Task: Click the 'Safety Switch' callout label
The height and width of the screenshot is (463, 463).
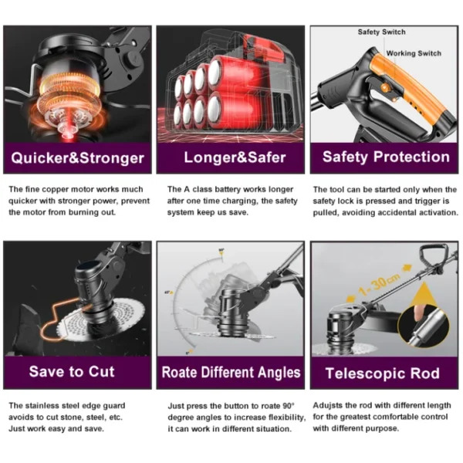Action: point(381,32)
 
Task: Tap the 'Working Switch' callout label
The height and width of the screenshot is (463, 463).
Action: point(414,53)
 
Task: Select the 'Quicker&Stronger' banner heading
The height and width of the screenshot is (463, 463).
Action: point(78,158)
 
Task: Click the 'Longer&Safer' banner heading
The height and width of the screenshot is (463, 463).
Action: point(235,157)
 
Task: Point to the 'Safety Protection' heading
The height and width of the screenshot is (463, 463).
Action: point(386,157)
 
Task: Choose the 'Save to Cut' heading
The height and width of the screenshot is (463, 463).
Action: point(72,371)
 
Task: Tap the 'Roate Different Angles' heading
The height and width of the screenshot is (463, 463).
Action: point(231,372)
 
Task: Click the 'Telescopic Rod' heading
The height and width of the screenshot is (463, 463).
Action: point(383,373)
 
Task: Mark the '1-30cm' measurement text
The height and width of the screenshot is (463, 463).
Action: point(380,284)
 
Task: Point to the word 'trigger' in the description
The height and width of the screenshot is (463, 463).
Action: point(427,201)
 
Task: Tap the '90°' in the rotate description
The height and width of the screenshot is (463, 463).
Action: point(288,406)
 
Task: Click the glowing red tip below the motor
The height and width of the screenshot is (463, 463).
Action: point(67,136)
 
